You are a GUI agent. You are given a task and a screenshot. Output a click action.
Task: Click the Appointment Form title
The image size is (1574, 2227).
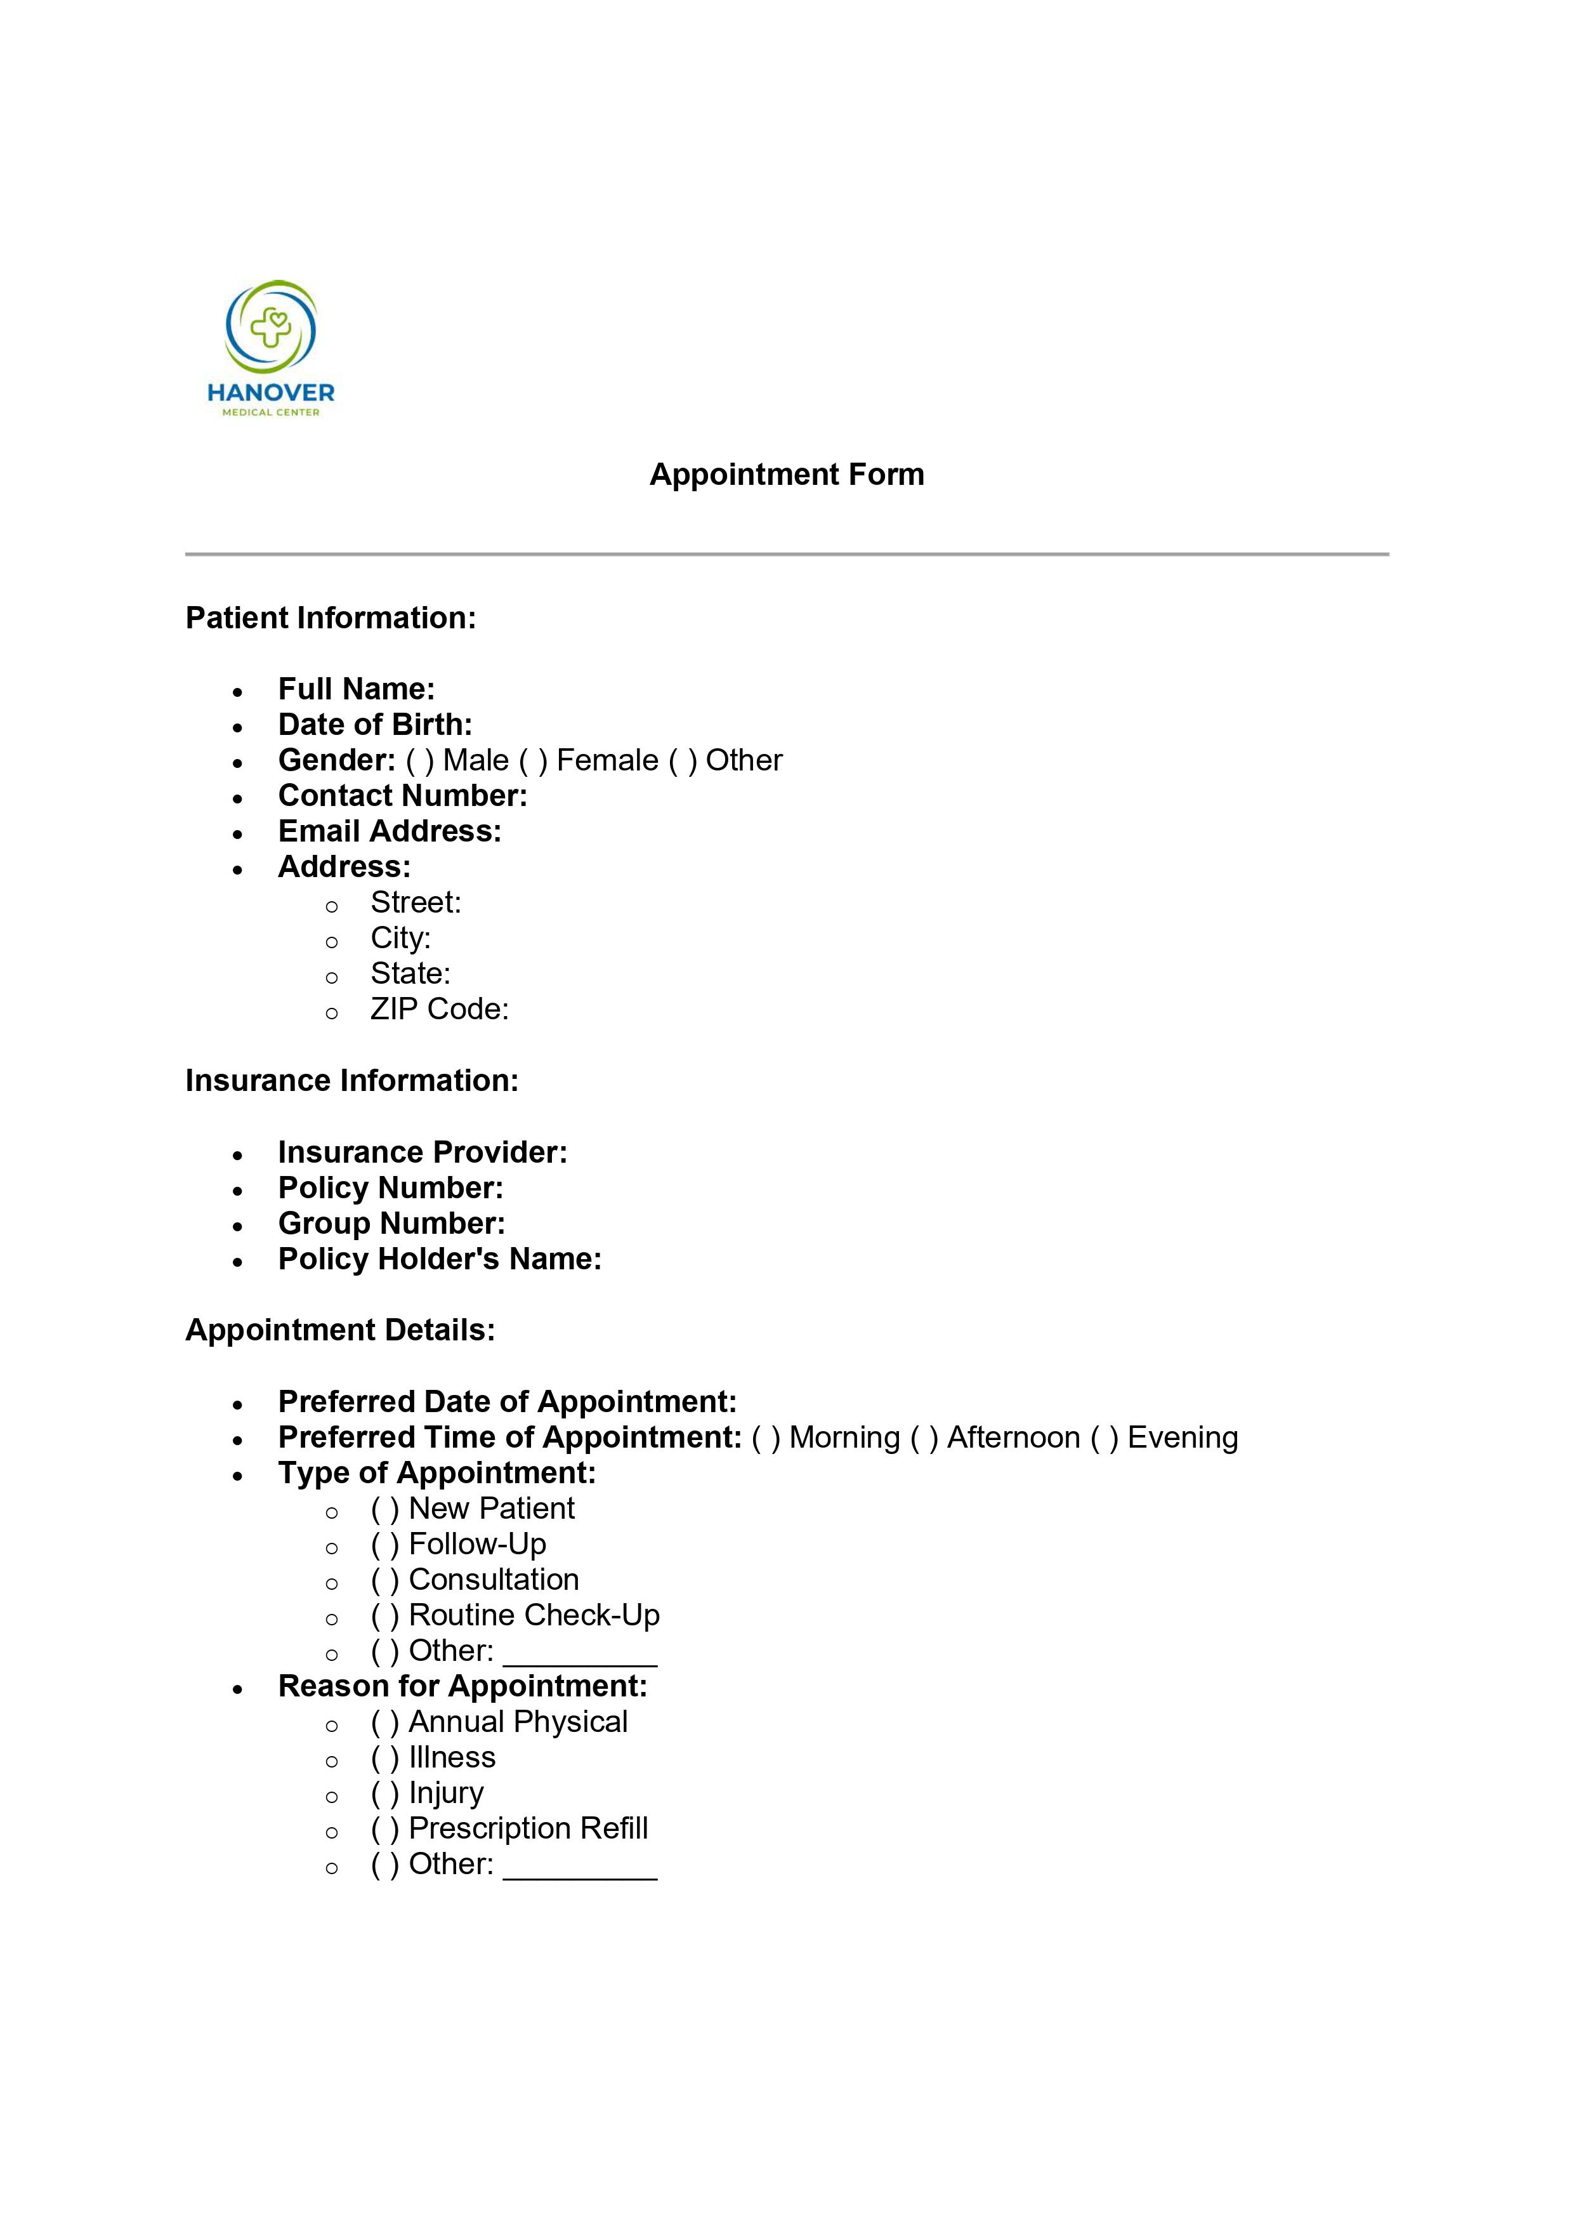[x=787, y=474]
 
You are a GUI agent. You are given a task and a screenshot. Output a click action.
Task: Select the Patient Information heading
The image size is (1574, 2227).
[x=331, y=618]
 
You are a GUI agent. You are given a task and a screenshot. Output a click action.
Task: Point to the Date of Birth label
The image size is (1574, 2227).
[x=374, y=725]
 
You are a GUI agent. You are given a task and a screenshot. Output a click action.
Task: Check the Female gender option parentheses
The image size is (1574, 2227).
[x=532, y=760]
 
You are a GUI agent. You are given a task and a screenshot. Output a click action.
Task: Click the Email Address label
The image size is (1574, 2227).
[x=389, y=831]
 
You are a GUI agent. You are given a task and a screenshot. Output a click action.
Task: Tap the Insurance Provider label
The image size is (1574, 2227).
[x=422, y=1153]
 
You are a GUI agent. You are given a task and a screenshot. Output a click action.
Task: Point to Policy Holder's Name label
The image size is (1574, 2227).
[x=439, y=1259]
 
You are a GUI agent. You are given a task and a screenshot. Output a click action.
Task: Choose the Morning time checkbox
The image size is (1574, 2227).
[x=765, y=1437]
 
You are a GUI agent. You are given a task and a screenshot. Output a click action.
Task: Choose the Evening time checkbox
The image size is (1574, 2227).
[x=1104, y=1437]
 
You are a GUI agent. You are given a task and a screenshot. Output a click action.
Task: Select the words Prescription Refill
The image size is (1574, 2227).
[x=528, y=1828]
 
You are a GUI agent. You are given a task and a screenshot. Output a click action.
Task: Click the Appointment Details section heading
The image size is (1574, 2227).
[x=339, y=1330]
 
